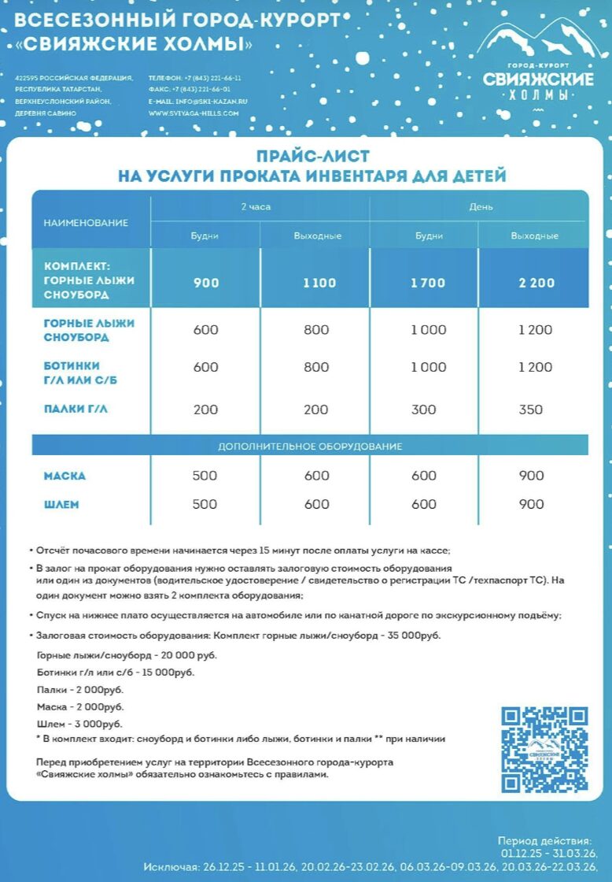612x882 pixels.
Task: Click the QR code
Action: (544, 749)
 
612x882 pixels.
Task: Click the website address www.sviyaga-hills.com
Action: (194, 113)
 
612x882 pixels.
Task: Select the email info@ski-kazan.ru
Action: (198, 102)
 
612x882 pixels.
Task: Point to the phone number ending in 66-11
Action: (195, 78)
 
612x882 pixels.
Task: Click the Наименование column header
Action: (86, 223)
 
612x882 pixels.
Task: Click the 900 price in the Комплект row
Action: (206, 283)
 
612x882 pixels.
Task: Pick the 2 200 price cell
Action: (536, 283)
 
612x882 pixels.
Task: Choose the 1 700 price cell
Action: (427, 283)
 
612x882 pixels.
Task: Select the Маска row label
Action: (65, 476)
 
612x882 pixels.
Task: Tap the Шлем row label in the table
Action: (61, 504)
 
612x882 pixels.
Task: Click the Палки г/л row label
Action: (76, 408)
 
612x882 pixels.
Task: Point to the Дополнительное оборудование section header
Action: (310, 447)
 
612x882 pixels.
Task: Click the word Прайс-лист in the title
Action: (312, 157)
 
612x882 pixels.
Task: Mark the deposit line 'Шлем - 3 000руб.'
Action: (79, 724)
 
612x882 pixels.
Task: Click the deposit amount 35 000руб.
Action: (412, 636)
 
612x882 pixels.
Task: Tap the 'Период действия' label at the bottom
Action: (544, 841)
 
